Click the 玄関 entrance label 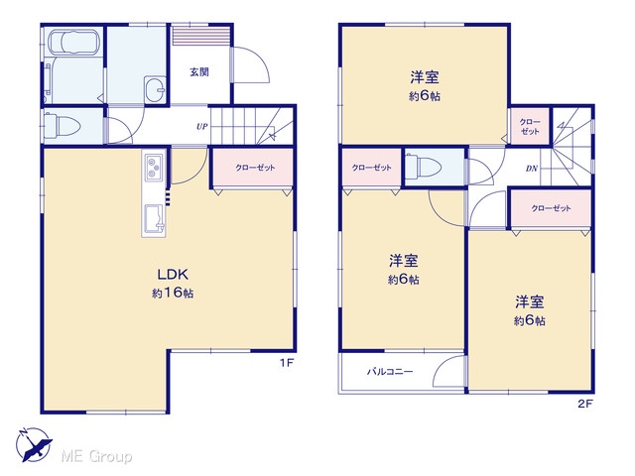(199, 72)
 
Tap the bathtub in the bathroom (73, 42)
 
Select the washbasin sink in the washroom (155, 89)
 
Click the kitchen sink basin (155, 218)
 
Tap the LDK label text (173, 275)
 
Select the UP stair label (202, 126)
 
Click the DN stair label (532, 168)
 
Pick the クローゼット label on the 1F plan (255, 168)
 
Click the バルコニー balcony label (390, 371)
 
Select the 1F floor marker (287, 363)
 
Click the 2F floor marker (585, 404)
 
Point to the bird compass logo (34, 444)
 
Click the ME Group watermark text (96, 456)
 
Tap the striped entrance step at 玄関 (201, 36)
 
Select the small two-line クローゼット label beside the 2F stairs (530, 126)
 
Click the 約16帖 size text (173, 294)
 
